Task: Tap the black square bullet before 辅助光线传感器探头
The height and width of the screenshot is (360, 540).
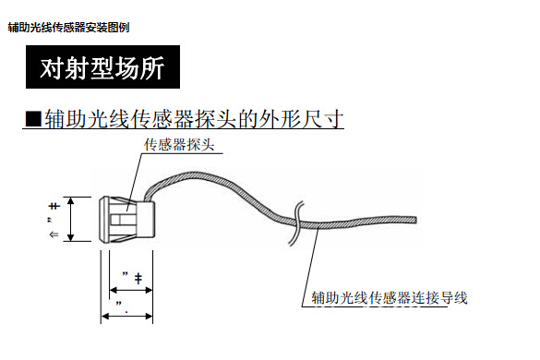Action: [x=32, y=119]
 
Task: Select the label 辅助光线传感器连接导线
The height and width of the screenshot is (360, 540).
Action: [x=390, y=297]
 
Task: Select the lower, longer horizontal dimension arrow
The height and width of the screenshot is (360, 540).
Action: [x=126, y=315]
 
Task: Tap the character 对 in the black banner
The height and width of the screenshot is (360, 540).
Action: [x=53, y=68]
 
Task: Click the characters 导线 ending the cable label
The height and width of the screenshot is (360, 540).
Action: [x=456, y=297]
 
